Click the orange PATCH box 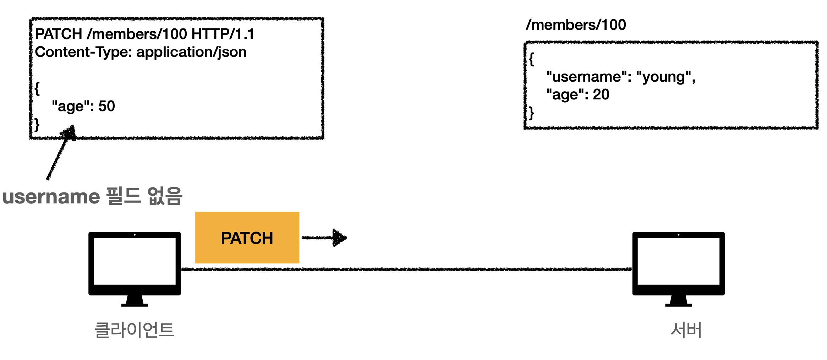(247, 238)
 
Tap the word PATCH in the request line (59, 34)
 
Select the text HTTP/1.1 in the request (223, 34)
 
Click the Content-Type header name (83, 52)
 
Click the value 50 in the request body (106, 106)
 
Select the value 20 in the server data (601, 94)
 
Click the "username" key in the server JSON (587, 77)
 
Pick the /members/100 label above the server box (576, 25)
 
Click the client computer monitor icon (135, 269)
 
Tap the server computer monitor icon (678, 269)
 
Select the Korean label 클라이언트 (135, 330)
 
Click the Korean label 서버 (686, 330)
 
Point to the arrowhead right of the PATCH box (340, 238)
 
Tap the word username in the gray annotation (51, 197)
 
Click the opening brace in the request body (37, 89)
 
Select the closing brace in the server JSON (531, 113)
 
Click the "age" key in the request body (71, 107)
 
